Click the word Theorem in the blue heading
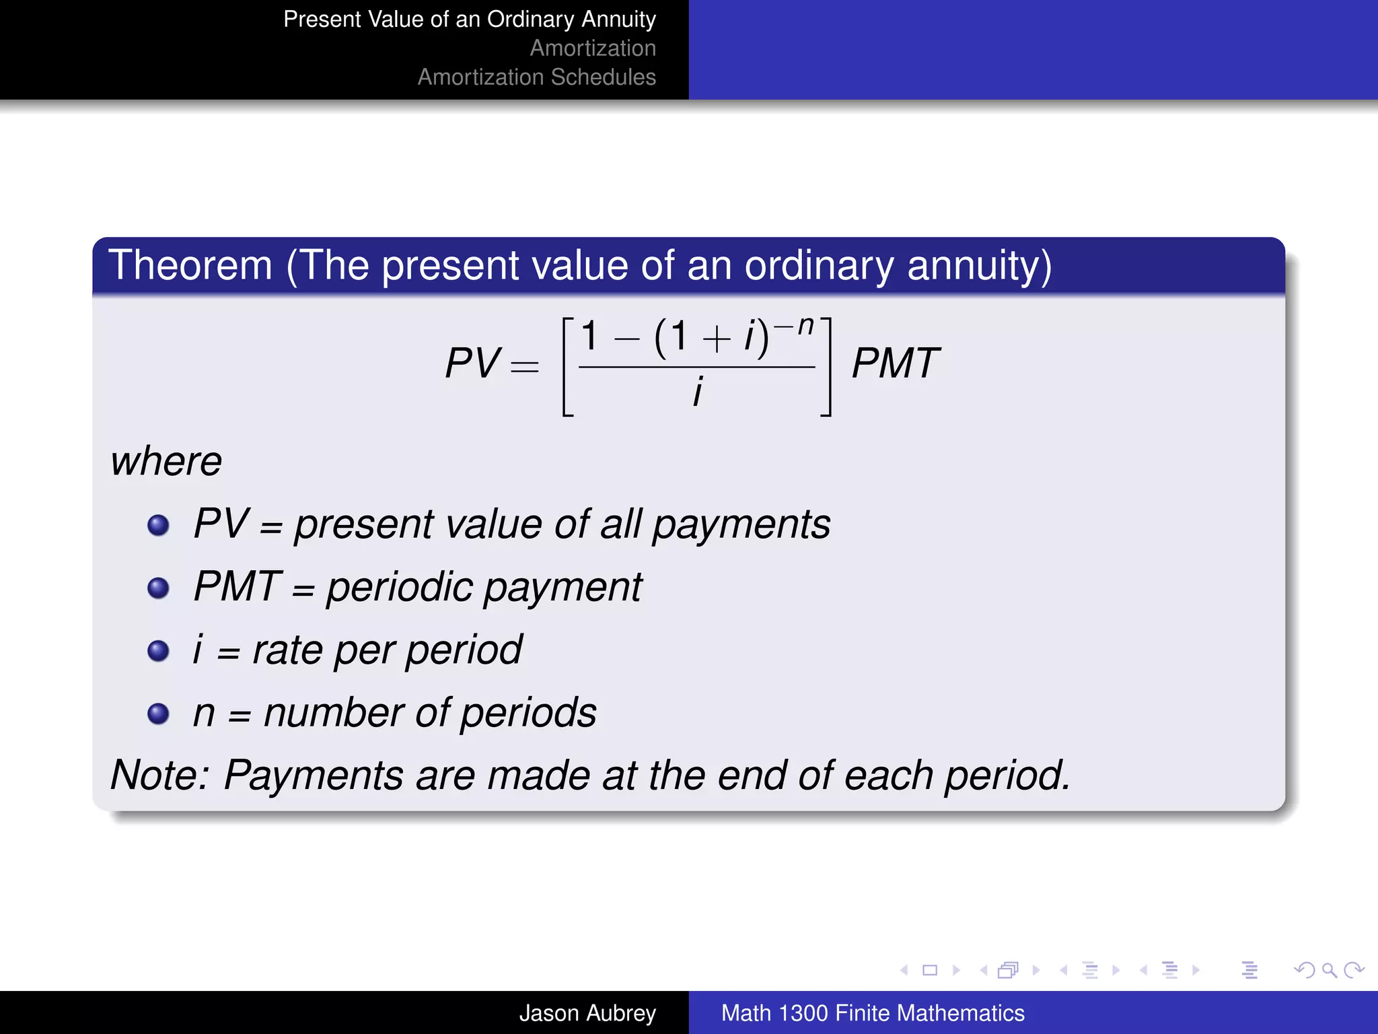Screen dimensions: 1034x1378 click(190, 265)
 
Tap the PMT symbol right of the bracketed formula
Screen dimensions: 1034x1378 click(895, 364)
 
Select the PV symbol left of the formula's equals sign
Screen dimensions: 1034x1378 click(472, 364)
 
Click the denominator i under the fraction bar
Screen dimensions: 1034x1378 click(698, 391)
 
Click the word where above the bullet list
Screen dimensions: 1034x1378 click(166, 462)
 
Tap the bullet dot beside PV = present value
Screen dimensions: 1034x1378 click(158, 525)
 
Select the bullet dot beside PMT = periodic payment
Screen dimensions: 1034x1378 click(158, 588)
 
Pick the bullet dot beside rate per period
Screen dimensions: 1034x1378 click(158, 650)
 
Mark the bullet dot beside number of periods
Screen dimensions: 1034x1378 click(158, 713)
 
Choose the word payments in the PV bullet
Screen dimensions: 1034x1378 click(741, 525)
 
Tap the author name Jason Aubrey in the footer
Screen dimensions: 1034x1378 click(587, 1012)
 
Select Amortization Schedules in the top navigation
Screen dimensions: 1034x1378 click(536, 77)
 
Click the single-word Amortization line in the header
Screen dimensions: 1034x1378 click(592, 48)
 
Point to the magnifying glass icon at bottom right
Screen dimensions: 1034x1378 click(1329, 970)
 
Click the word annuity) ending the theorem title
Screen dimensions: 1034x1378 click(979, 267)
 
